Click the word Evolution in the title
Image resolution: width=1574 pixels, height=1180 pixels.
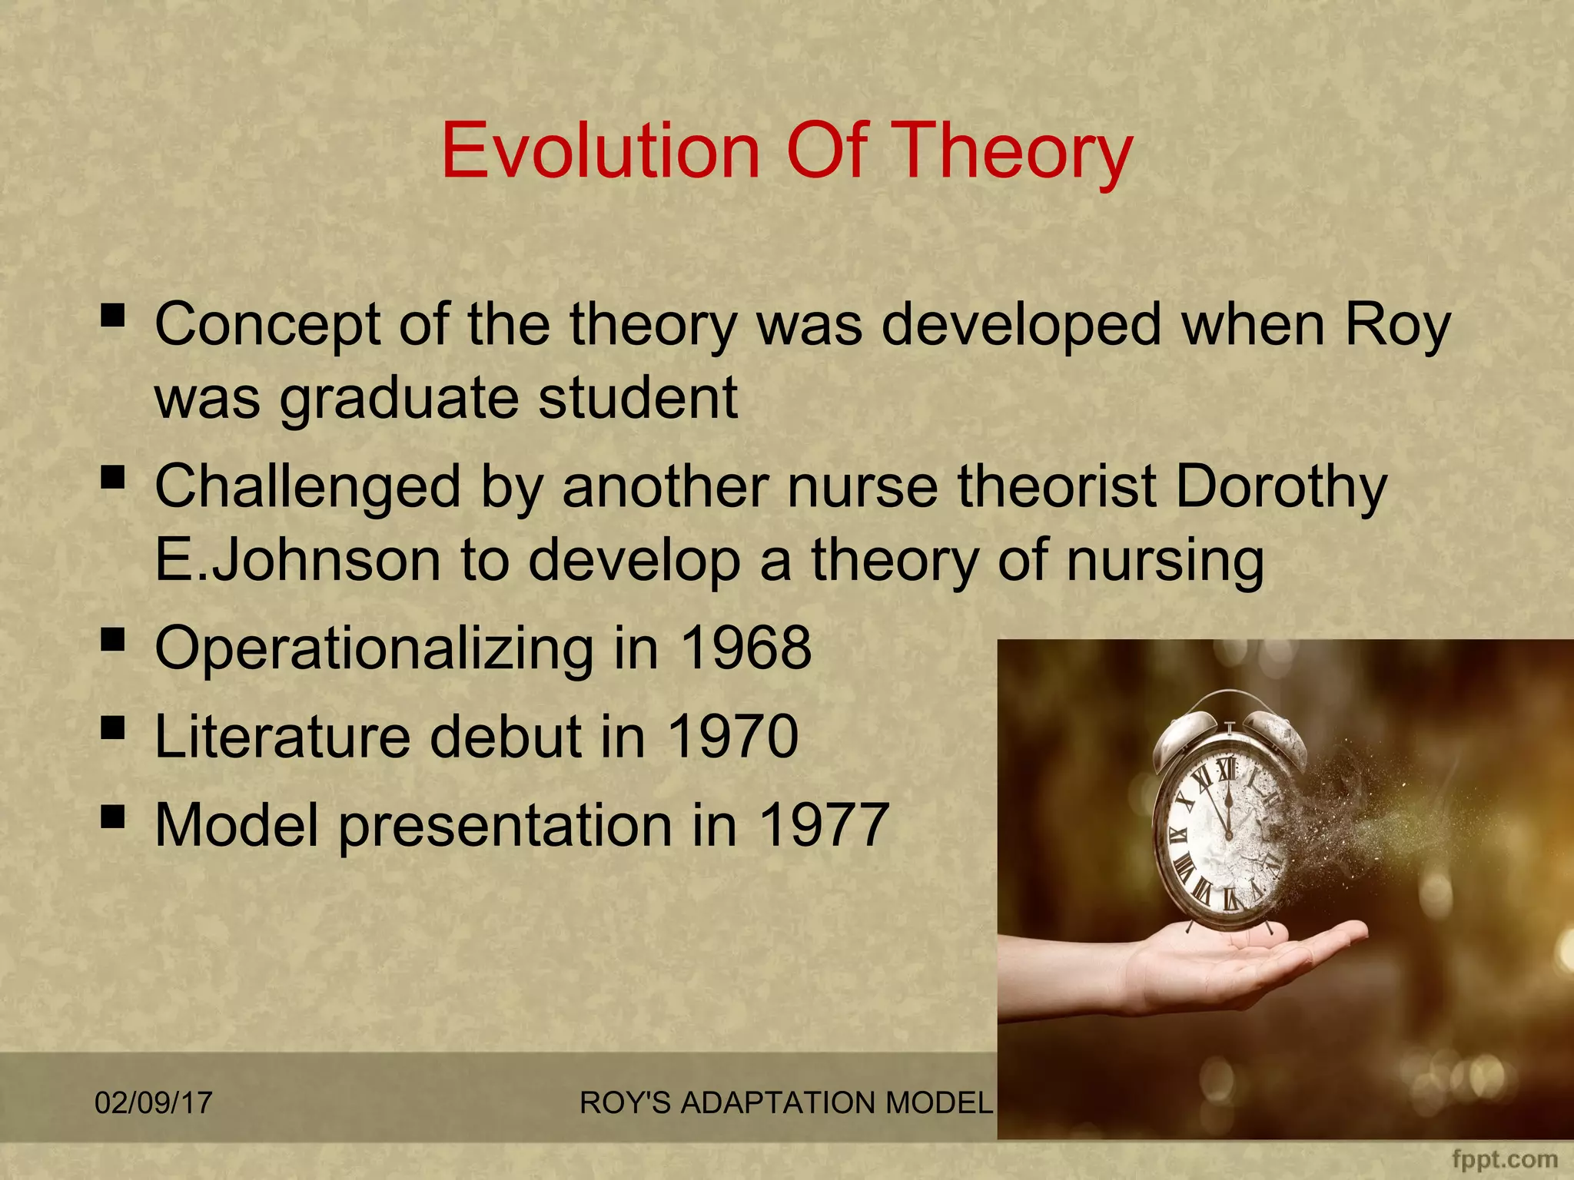click(600, 151)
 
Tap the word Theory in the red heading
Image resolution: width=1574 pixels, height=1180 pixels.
click(1014, 151)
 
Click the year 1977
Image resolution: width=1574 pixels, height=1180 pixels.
click(824, 824)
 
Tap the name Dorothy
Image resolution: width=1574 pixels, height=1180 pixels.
click(1281, 487)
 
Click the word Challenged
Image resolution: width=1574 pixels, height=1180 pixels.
click(307, 487)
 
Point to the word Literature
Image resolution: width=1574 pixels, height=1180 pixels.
click(282, 736)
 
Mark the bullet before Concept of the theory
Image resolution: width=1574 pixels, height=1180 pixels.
click(113, 315)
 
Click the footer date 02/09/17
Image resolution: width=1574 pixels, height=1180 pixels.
click(153, 1102)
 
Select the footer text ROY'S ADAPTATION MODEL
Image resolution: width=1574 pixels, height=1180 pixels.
click(785, 1102)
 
